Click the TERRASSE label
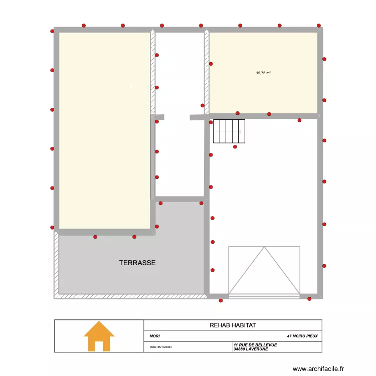137,263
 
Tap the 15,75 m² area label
263,73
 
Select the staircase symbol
229,131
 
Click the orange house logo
99,336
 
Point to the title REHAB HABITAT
233,325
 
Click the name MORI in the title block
154,336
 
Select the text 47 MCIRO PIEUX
302,336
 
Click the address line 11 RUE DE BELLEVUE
255,345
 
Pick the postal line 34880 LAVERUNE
250,349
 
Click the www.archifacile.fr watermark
319,368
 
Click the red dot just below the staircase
235,147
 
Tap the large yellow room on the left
105,130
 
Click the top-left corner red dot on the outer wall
52,31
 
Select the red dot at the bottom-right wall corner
309,299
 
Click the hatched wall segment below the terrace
130,296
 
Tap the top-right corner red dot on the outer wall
319,25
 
